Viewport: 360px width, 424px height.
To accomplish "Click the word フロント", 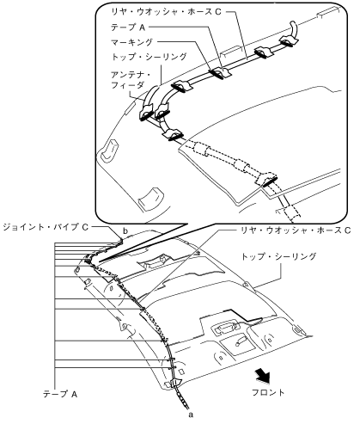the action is coord(268,392).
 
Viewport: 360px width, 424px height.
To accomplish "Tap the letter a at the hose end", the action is coord(191,415).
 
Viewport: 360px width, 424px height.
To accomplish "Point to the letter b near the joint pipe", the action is coord(125,230).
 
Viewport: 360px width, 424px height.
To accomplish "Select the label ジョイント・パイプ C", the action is coord(46,227).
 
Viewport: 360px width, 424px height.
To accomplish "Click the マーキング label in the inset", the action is coord(132,42).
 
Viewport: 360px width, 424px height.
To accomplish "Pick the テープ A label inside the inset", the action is coord(129,28).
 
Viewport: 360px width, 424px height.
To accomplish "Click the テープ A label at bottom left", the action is coord(60,394).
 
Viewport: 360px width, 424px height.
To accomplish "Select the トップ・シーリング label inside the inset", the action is coord(149,57).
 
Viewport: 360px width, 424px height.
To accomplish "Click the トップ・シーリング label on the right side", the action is coord(279,256).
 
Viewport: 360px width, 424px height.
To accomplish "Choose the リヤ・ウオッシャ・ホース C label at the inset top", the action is coord(166,12).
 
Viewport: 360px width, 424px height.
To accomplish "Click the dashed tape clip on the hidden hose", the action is coord(267,180).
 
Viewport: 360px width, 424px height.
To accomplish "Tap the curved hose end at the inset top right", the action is coord(293,29).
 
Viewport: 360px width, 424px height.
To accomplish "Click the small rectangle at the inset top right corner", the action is coord(326,15).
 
